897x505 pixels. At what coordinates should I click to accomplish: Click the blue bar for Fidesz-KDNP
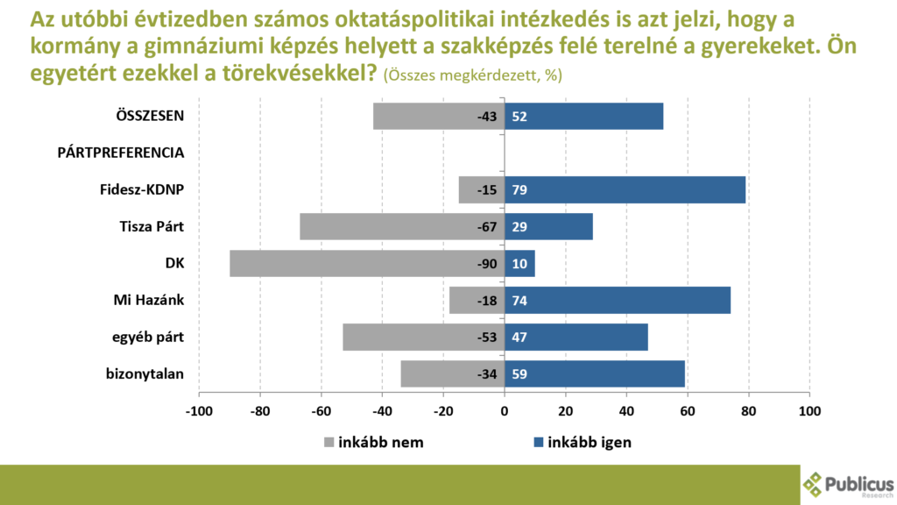click(625, 189)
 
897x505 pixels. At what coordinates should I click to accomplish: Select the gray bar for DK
click(367, 264)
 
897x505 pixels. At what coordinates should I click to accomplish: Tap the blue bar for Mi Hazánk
click(618, 301)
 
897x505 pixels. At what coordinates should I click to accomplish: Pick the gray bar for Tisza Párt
click(402, 226)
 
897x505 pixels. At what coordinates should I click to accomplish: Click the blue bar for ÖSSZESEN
click(584, 116)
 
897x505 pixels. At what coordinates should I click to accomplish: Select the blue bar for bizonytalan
click(595, 374)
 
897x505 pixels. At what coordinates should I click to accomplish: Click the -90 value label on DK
click(486, 264)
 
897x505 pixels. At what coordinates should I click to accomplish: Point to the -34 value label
click(486, 374)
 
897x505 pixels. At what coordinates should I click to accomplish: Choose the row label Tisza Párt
click(152, 226)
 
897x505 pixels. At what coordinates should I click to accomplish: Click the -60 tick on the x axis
click(321, 410)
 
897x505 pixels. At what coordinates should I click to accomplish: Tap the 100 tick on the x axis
click(809, 410)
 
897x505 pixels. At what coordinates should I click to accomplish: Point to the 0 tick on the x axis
click(505, 410)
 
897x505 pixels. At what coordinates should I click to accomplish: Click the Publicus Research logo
click(848, 484)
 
